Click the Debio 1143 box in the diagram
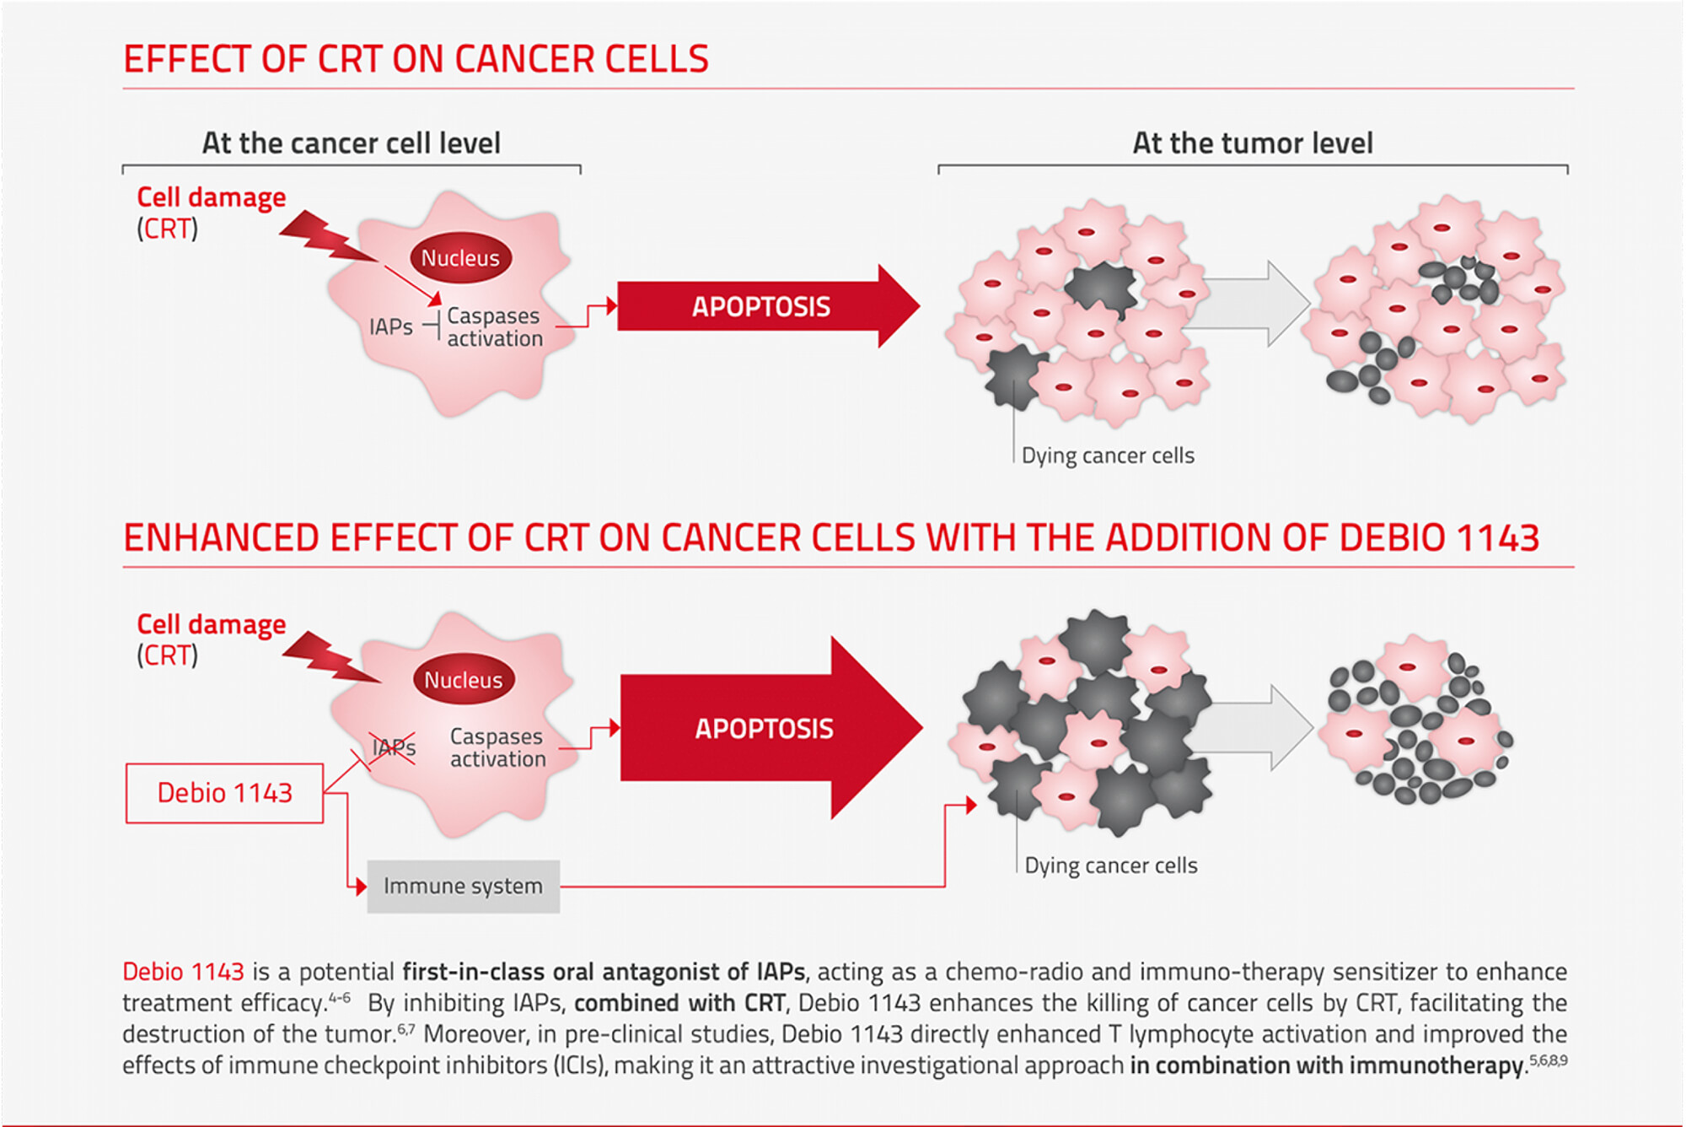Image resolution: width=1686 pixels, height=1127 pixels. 224,793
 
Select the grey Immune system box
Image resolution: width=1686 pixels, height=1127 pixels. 463,886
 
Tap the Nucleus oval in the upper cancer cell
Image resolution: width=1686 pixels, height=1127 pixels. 460,257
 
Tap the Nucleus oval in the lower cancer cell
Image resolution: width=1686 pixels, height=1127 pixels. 463,679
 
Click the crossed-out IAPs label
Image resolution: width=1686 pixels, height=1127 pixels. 394,747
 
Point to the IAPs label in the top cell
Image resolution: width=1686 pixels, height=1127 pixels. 391,326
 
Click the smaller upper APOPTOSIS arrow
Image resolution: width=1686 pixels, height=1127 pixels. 768,306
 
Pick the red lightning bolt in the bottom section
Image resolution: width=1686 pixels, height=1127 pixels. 330,656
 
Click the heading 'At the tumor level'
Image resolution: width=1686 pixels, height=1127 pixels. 1253,143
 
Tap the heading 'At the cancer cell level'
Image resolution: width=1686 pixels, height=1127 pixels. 351,143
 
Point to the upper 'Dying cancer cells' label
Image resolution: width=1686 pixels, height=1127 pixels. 1108,456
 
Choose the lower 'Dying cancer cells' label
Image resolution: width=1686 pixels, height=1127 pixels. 1111,865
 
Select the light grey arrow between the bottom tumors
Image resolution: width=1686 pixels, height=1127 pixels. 1251,727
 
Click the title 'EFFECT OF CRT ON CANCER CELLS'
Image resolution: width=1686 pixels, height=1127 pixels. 416,59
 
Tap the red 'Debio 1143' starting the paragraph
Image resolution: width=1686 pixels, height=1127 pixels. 183,972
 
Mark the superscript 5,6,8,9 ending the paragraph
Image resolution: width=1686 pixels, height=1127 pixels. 1549,1060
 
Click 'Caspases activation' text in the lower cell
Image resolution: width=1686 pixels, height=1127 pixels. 498,747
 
